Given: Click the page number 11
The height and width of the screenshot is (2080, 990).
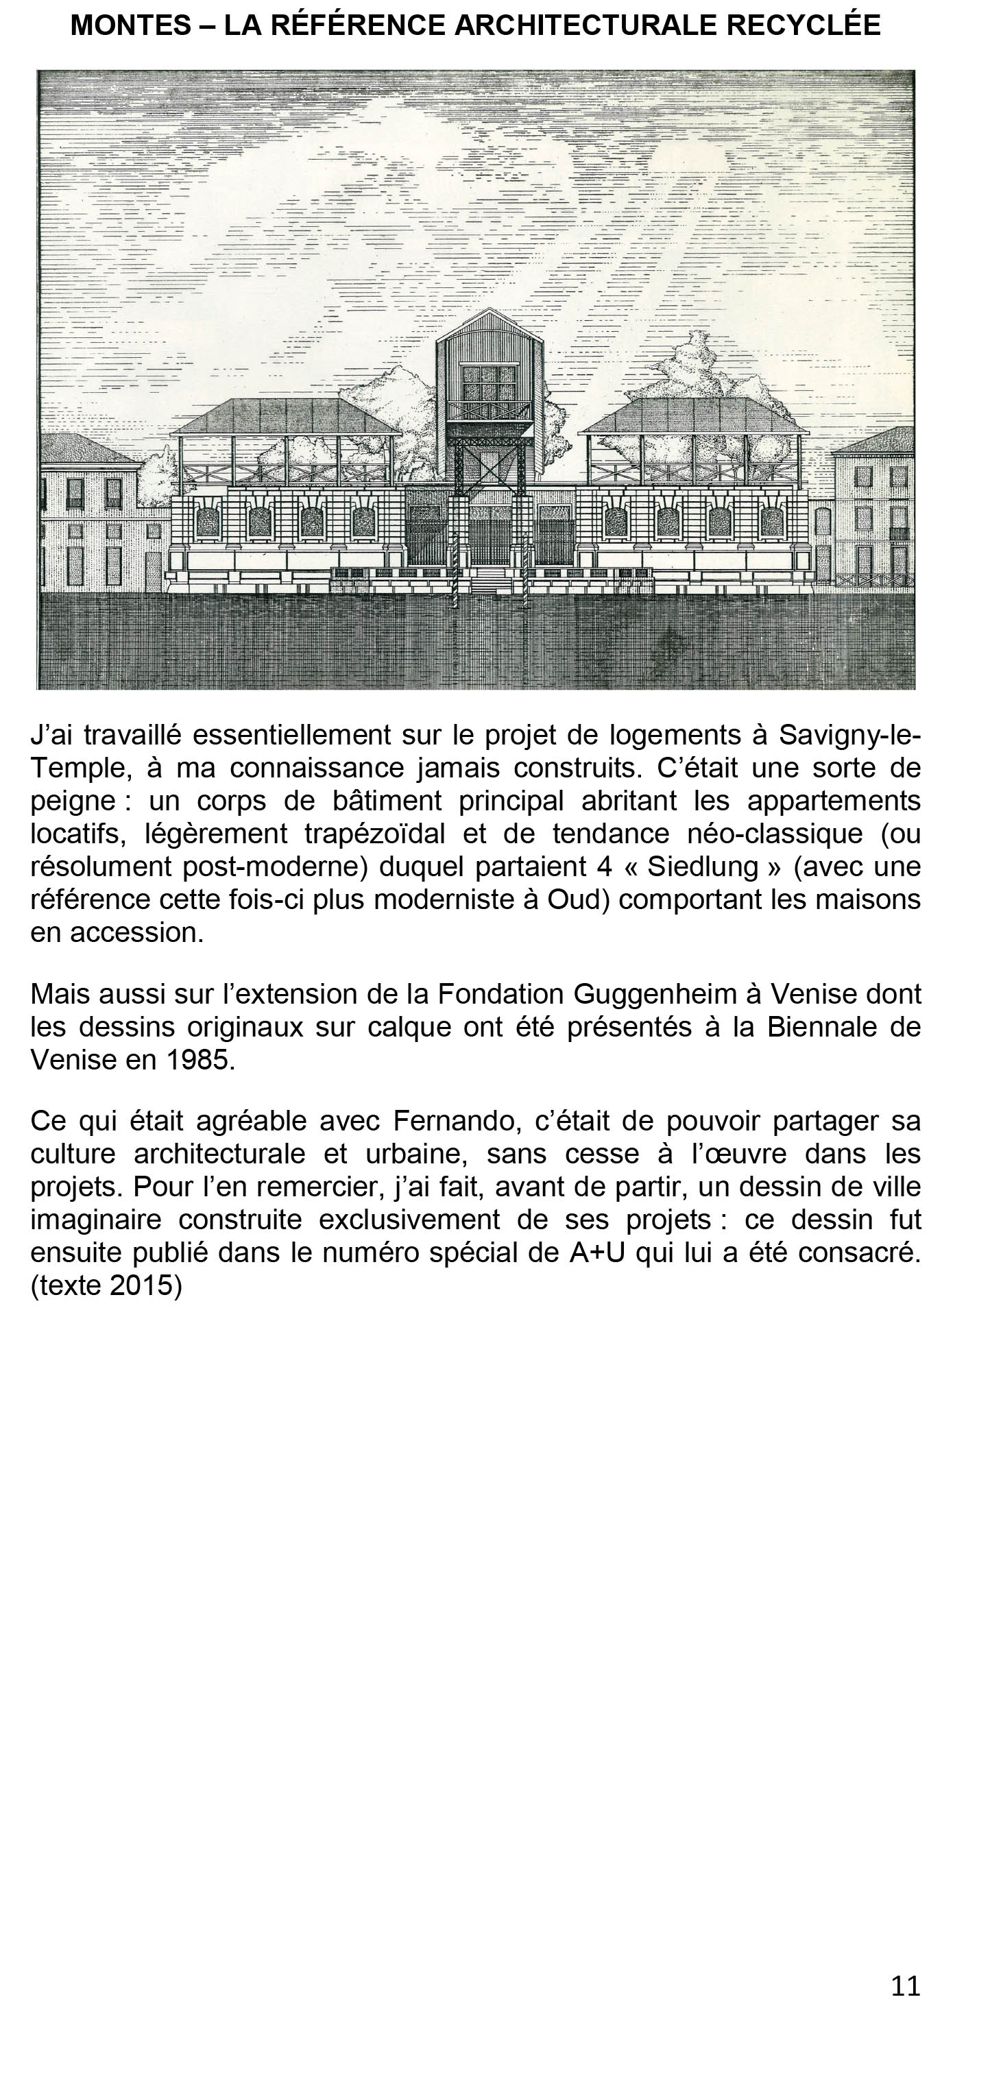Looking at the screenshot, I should pos(905,1985).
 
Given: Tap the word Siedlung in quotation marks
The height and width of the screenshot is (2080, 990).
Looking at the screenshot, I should pos(703,867).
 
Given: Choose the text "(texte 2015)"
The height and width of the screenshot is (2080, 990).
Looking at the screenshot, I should pos(106,1285).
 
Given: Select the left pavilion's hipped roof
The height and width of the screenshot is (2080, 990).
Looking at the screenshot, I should pos(287,415).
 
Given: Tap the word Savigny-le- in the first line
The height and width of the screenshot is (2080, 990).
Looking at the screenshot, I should pos(849,735).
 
